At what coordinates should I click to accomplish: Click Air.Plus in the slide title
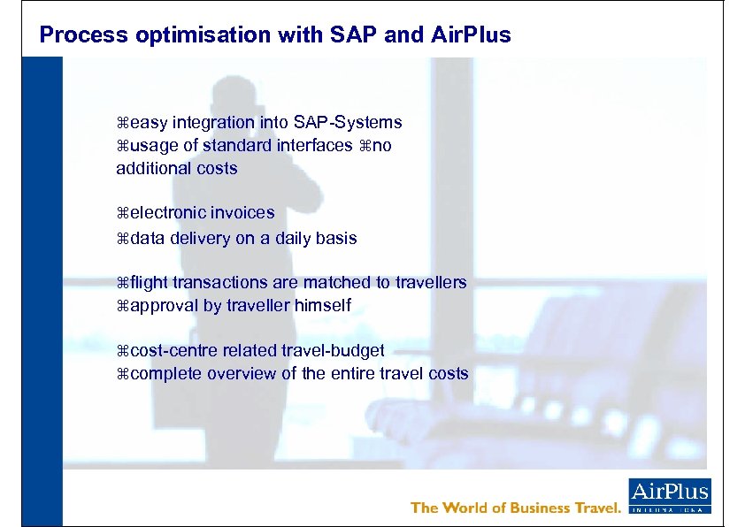[x=471, y=35]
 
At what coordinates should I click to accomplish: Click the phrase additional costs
[x=176, y=168]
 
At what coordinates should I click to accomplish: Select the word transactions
[x=235, y=283]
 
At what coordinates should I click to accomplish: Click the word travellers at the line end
[x=429, y=283]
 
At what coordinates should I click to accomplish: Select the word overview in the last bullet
[x=242, y=373]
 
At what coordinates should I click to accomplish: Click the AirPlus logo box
[x=669, y=496]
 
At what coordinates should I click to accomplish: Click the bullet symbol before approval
[x=123, y=306]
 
